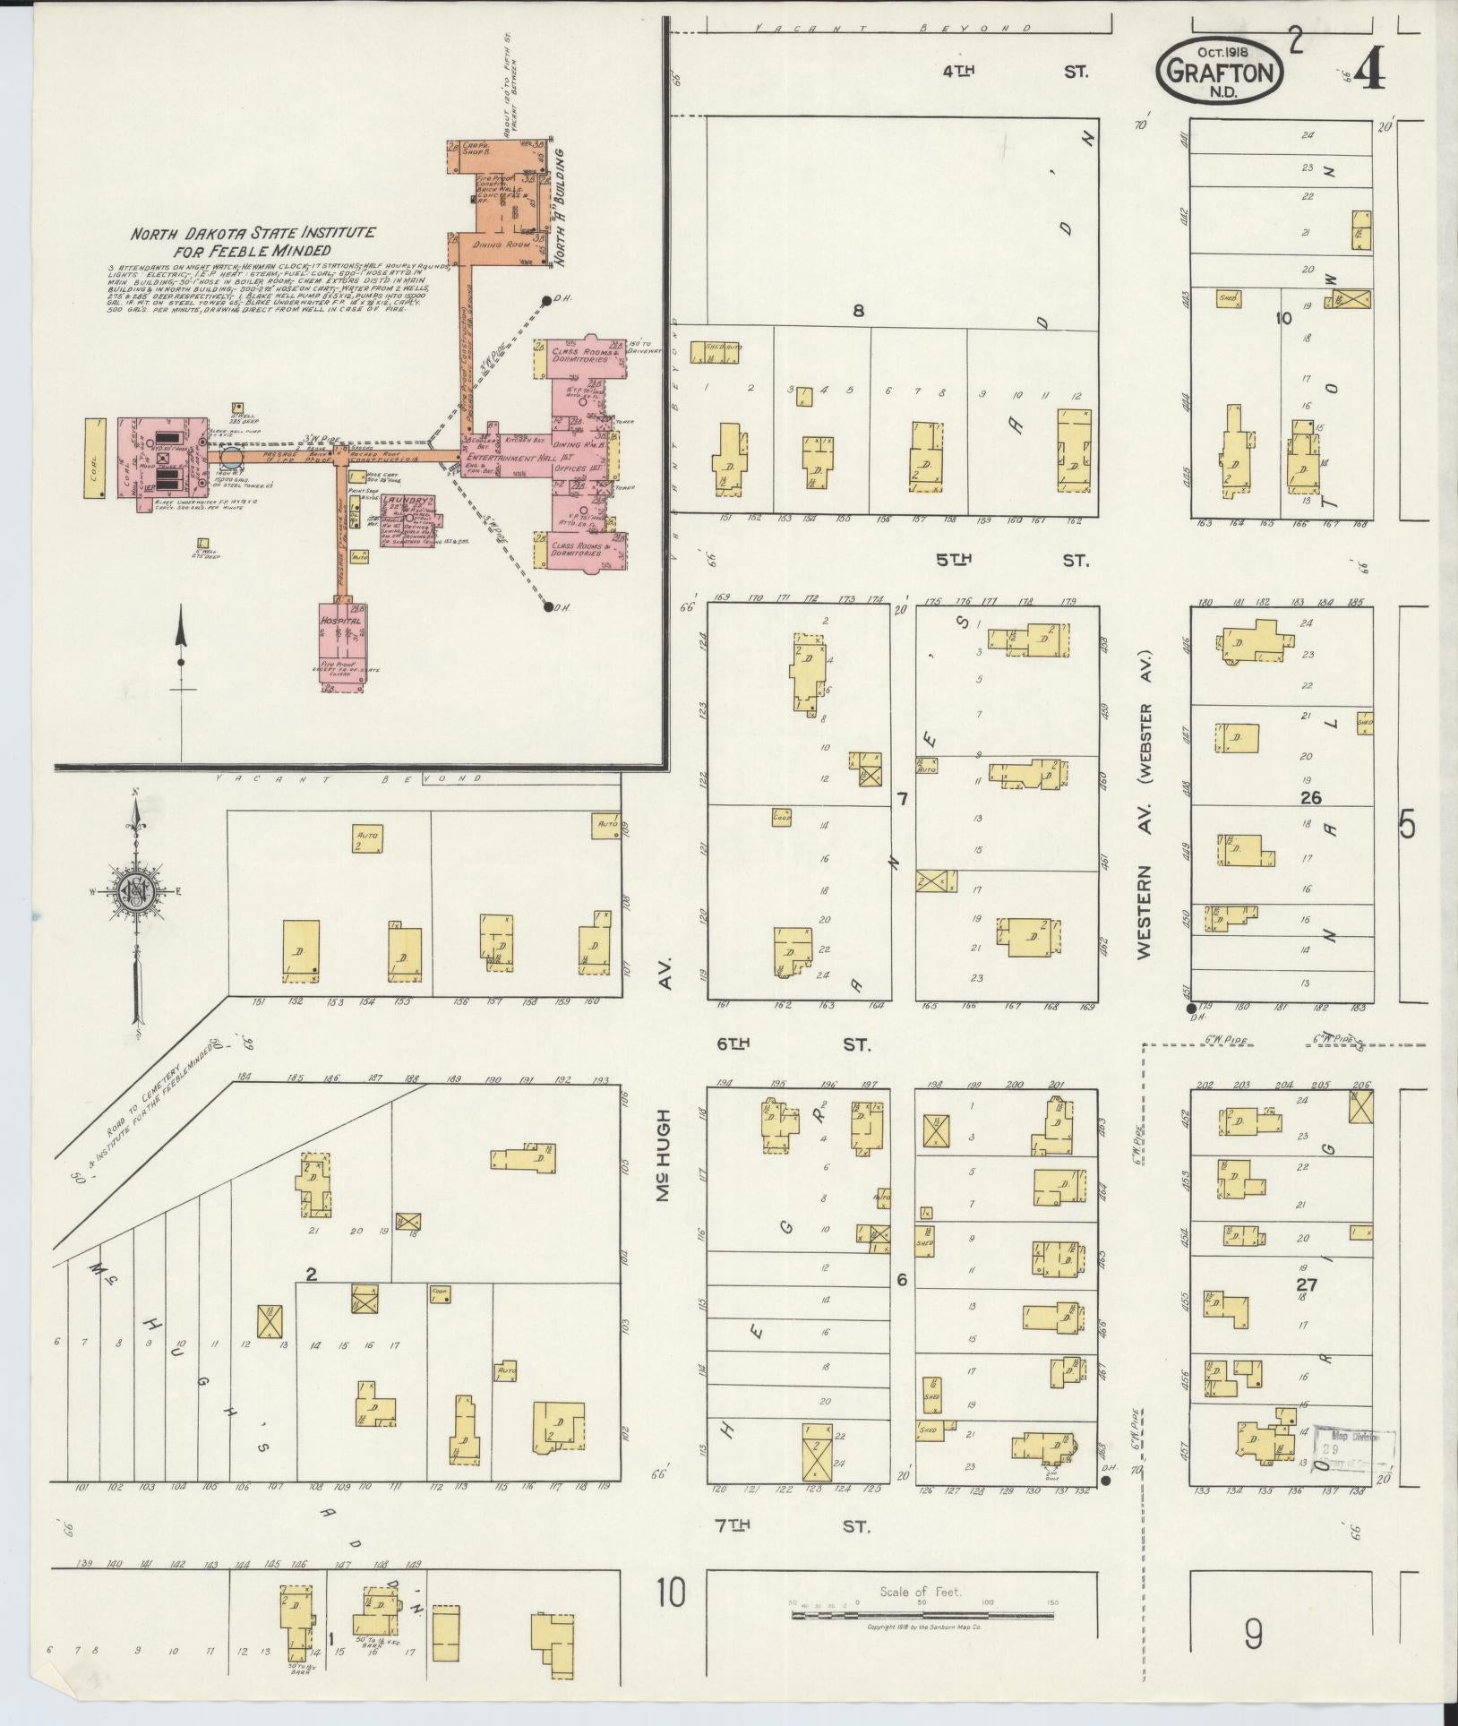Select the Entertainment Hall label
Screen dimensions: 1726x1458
pyautogui.click(x=507, y=458)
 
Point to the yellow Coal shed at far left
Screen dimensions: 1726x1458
pyautogui.click(x=94, y=458)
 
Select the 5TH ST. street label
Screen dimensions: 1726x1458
pyautogui.click(x=1012, y=561)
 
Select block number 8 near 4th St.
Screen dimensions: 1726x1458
pyautogui.click(x=858, y=312)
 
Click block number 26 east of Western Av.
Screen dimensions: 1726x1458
pyautogui.click(x=1313, y=797)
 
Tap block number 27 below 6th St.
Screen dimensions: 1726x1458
pyautogui.click(x=1308, y=1283)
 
